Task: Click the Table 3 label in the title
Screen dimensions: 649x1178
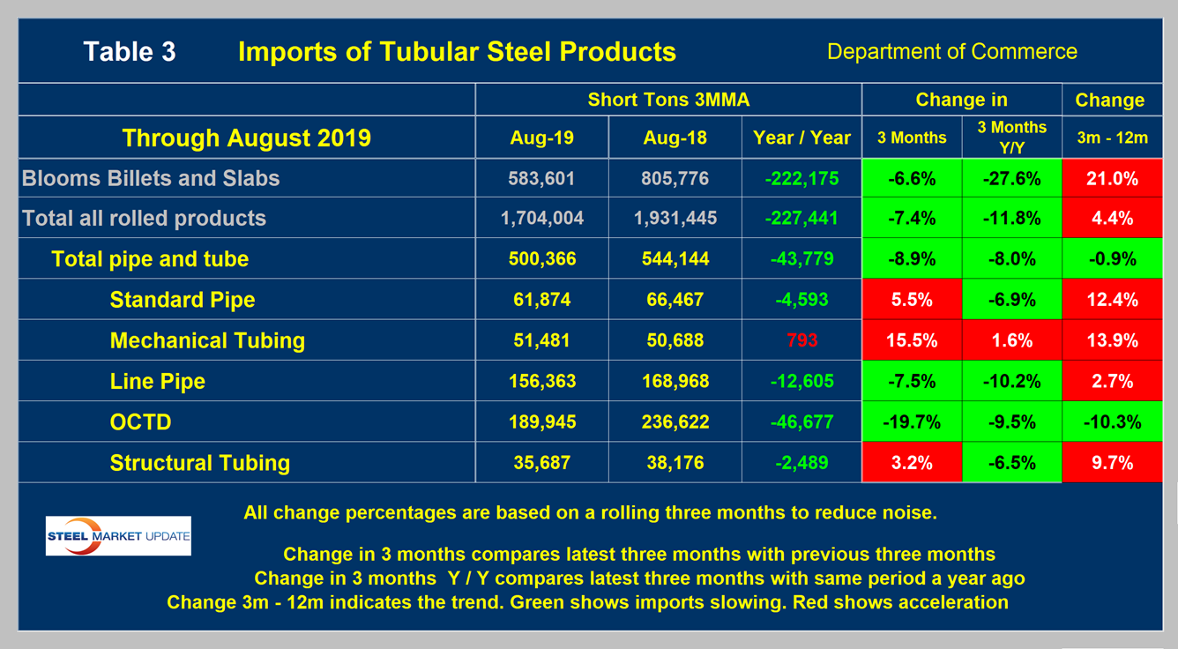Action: pyautogui.click(x=130, y=52)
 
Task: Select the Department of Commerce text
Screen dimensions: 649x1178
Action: pyautogui.click(x=951, y=52)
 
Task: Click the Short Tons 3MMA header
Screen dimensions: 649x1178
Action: pyautogui.click(x=668, y=100)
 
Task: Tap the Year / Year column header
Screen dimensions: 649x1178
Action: pyautogui.click(x=801, y=138)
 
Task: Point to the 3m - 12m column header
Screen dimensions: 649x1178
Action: pyautogui.click(x=1109, y=138)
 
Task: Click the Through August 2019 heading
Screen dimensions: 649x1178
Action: pyautogui.click(x=246, y=138)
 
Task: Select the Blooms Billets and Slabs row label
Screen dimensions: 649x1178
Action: pyautogui.click(x=151, y=178)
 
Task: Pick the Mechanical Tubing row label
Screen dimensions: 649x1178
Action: pyautogui.click(x=207, y=340)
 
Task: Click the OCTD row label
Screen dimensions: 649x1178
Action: pyautogui.click(x=140, y=422)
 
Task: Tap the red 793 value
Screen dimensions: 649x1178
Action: pyautogui.click(x=801, y=340)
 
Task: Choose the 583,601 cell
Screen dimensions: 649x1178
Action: pyautogui.click(x=541, y=178)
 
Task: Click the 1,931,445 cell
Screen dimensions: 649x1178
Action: pyautogui.click(x=675, y=219)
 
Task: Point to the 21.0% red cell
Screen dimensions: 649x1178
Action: pyautogui.click(x=1109, y=178)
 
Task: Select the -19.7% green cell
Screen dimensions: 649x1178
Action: pyautogui.click(x=912, y=422)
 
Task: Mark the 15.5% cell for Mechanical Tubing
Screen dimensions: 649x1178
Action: pyautogui.click(x=912, y=340)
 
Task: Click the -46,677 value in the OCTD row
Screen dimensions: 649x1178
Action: pyautogui.click(x=801, y=422)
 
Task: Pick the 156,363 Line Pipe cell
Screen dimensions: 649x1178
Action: pyautogui.click(x=541, y=381)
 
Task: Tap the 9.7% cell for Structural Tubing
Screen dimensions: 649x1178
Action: pyautogui.click(x=1109, y=463)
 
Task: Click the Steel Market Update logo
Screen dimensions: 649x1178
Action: pyautogui.click(x=118, y=536)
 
